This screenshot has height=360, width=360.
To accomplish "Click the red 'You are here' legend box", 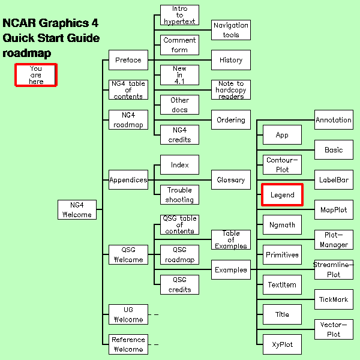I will [x=36, y=75].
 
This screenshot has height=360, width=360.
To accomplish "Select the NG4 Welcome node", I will [x=77, y=209].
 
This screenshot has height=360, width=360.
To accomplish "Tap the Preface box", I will [x=128, y=60].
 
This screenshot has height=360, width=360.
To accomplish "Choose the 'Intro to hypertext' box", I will [x=179, y=15].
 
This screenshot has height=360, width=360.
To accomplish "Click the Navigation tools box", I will [x=231, y=30].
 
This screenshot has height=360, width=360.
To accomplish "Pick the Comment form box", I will [x=179, y=45].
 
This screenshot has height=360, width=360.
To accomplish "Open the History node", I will [x=231, y=60].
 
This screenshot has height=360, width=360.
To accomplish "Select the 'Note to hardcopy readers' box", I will [x=231, y=89].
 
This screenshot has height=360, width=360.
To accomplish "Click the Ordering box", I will [x=231, y=119].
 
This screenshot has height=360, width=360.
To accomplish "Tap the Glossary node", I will [x=231, y=179].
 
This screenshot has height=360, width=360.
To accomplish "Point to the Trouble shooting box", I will [x=179, y=194].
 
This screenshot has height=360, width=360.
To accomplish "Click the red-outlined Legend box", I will [x=282, y=194].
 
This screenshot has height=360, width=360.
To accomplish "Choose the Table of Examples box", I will [x=231, y=239].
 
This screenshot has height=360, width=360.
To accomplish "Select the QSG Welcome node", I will [x=128, y=254].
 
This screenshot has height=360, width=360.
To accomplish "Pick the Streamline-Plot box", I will [x=334, y=269].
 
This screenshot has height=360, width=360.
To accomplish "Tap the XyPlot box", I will [x=282, y=344].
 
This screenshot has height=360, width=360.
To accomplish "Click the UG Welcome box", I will [x=128, y=314].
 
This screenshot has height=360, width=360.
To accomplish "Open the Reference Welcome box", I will [x=128, y=344].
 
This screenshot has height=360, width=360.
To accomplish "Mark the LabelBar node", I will [x=334, y=179].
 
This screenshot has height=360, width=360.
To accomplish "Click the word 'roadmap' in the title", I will [x=26, y=53].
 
